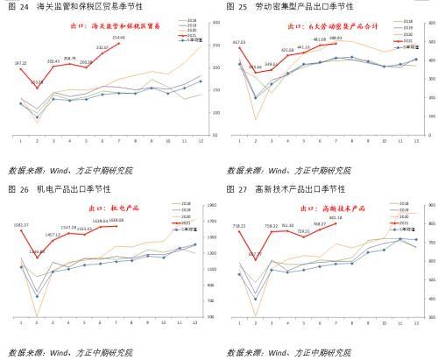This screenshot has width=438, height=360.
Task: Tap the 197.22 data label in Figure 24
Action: pyautogui.click(x=20, y=63)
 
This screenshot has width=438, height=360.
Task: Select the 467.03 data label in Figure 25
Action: pyautogui.click(x=239, y=42)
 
